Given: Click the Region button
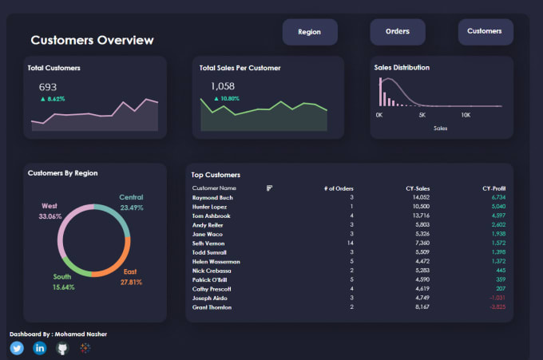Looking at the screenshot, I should pyautogui.click(x=310, y=33).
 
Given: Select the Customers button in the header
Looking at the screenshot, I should pyautogui.click(x=485, y=32).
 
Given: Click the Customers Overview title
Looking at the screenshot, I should pyautogui.click(x=92, y=40).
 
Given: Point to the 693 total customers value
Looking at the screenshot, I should pyautogui.click(x=48, y=87).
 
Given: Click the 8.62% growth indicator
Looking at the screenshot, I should pyautogui.click(x=52, y=99).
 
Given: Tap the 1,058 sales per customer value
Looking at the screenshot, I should pyautogui.click(x=223, y=86).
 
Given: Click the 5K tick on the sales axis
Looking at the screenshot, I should pyautogui.click(x=422, y=115).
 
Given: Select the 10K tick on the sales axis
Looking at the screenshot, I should pyautogui.click(x=466, y=115).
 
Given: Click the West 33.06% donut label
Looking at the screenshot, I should pyautogui.click(x=50, y=211).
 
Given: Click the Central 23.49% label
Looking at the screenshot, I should pyautogui.click(x=131, y=202).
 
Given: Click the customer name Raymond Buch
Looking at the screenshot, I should pyautogui.click(x=212, y=197).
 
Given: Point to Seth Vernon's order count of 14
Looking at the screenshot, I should pyautogui.click(x=350, y=243).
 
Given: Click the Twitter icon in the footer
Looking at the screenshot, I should pyautogui.click(x=17, y=348).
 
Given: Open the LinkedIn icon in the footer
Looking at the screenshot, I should pyautogui.click(x=40, y=348).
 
